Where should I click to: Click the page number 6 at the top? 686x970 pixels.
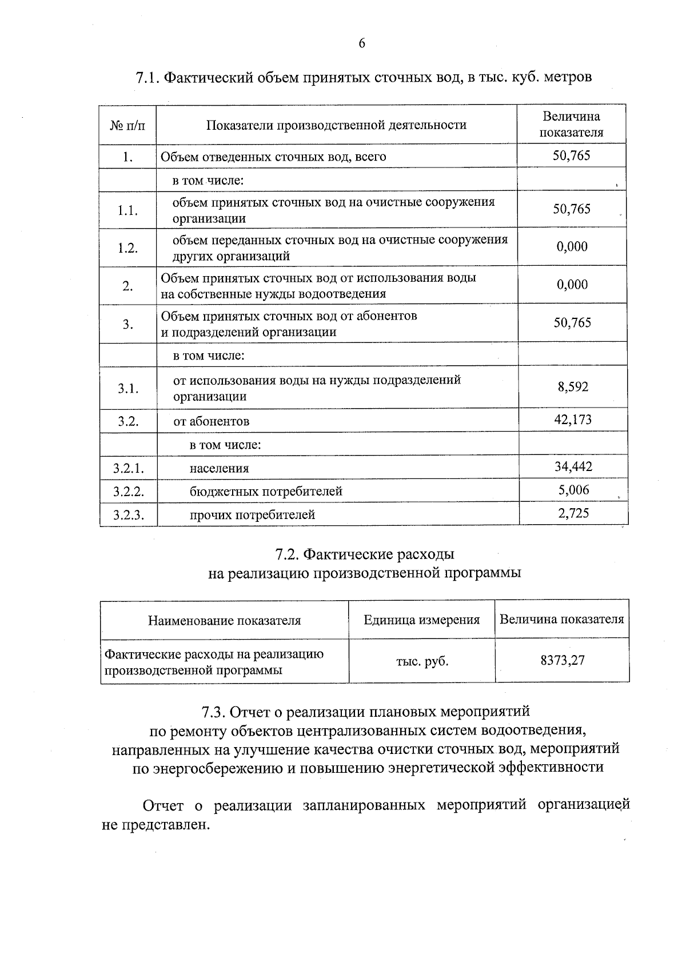point(362,44)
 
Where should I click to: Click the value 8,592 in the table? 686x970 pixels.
point(573,387)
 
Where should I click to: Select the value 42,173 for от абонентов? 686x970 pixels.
point(573,420)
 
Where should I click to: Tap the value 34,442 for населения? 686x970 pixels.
point(573,467)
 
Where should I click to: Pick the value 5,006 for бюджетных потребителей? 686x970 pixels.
point(573,490)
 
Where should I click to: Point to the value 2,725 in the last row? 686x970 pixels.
point(573,513)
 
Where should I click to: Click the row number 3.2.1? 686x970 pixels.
point(128,469)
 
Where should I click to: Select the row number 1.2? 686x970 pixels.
point(128,248)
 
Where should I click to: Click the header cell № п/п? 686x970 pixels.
point(127,125)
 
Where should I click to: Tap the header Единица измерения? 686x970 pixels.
point(422,620)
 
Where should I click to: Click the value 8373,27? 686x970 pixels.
point(563,661)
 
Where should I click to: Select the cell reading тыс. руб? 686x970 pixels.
point(422,662)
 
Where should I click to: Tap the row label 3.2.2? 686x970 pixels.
point(128,492)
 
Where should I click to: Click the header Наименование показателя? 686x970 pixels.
point(225,621)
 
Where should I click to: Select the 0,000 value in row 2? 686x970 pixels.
point(572,285)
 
